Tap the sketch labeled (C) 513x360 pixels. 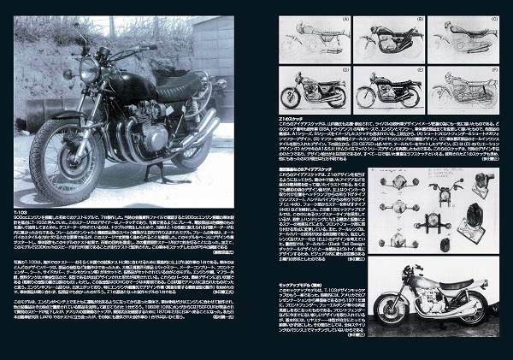tap(461, 38)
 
